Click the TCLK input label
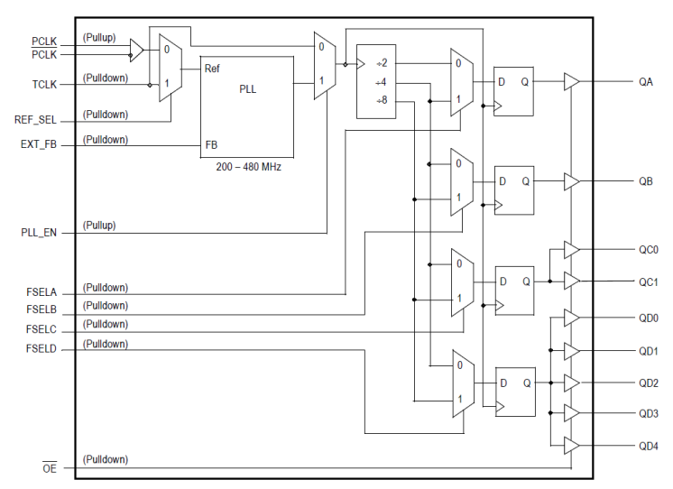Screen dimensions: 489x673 pos(44,85)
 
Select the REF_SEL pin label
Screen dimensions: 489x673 pos(37,120)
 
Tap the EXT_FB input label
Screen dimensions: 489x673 pos(39,144)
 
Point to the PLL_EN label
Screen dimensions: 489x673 pos(39,233)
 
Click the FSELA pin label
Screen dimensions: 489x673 pos(41,292)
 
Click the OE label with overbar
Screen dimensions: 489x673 pos(50,467)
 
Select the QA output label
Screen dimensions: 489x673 pos(646,82)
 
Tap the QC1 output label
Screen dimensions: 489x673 pos(649,281)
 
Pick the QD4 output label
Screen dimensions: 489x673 pos(649,447)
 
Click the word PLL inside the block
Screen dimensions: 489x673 pos(247,89)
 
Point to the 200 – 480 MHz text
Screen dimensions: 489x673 pos(248,167)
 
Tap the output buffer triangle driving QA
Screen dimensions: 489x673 pos(571,82)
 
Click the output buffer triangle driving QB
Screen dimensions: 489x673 pos(571,181)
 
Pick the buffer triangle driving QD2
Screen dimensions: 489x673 pos(571,383)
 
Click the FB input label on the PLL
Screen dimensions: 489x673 pos(211,144)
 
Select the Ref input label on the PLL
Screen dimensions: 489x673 pos(213,68)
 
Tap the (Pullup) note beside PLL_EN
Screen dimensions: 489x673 pos(99,225)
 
